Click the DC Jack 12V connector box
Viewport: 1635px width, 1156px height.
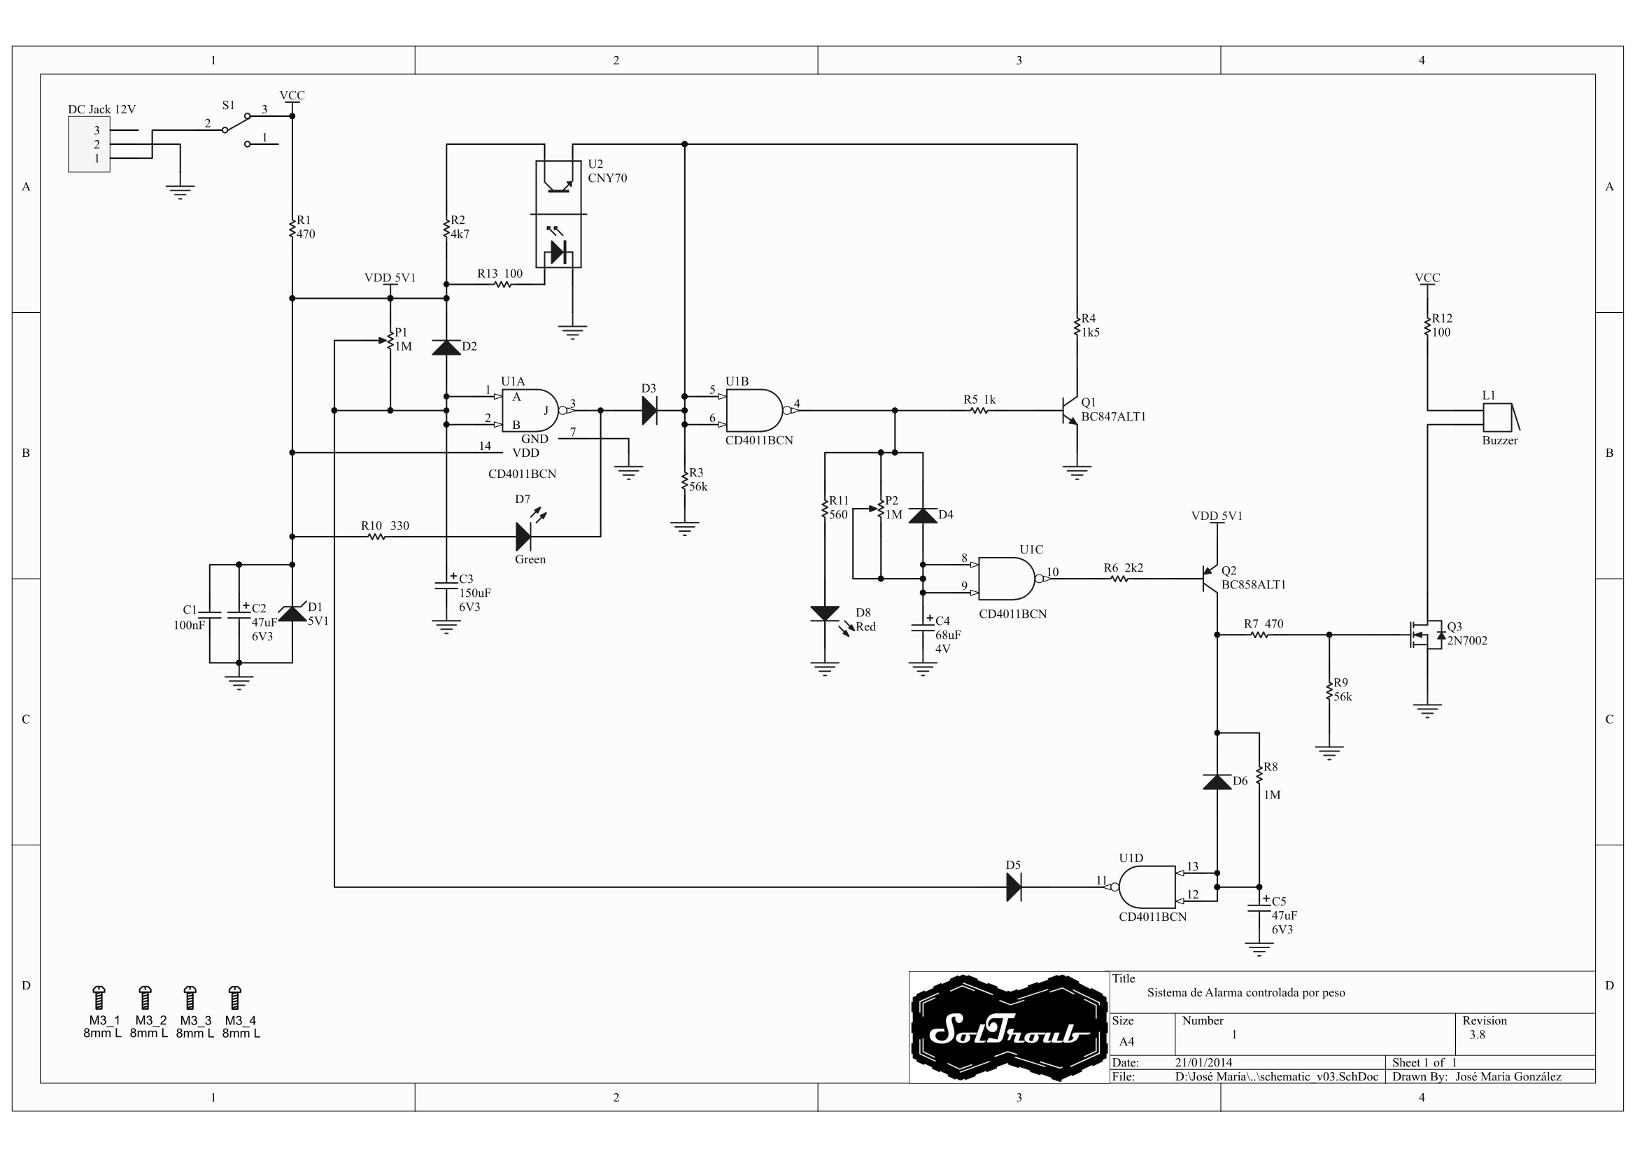tap(89, 145)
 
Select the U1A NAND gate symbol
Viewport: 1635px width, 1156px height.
tap(530, 410)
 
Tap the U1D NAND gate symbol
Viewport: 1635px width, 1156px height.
tap(1147, 887)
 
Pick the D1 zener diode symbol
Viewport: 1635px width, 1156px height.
tap(292, 612)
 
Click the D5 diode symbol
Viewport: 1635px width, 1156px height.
tap(1014, 887)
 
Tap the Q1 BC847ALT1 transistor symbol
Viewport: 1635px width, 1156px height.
tap(1070, 410)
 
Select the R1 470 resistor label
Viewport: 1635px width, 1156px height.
tap(305, 227)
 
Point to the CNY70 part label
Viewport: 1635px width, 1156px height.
tap(607, 178)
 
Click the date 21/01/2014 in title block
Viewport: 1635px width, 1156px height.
tap(1203, 1062)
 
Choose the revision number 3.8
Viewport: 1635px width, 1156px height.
tap(1477, 1035)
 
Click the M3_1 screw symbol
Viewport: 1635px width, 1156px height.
tap(99, 998)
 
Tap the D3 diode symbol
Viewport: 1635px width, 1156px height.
tap(649, 410)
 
